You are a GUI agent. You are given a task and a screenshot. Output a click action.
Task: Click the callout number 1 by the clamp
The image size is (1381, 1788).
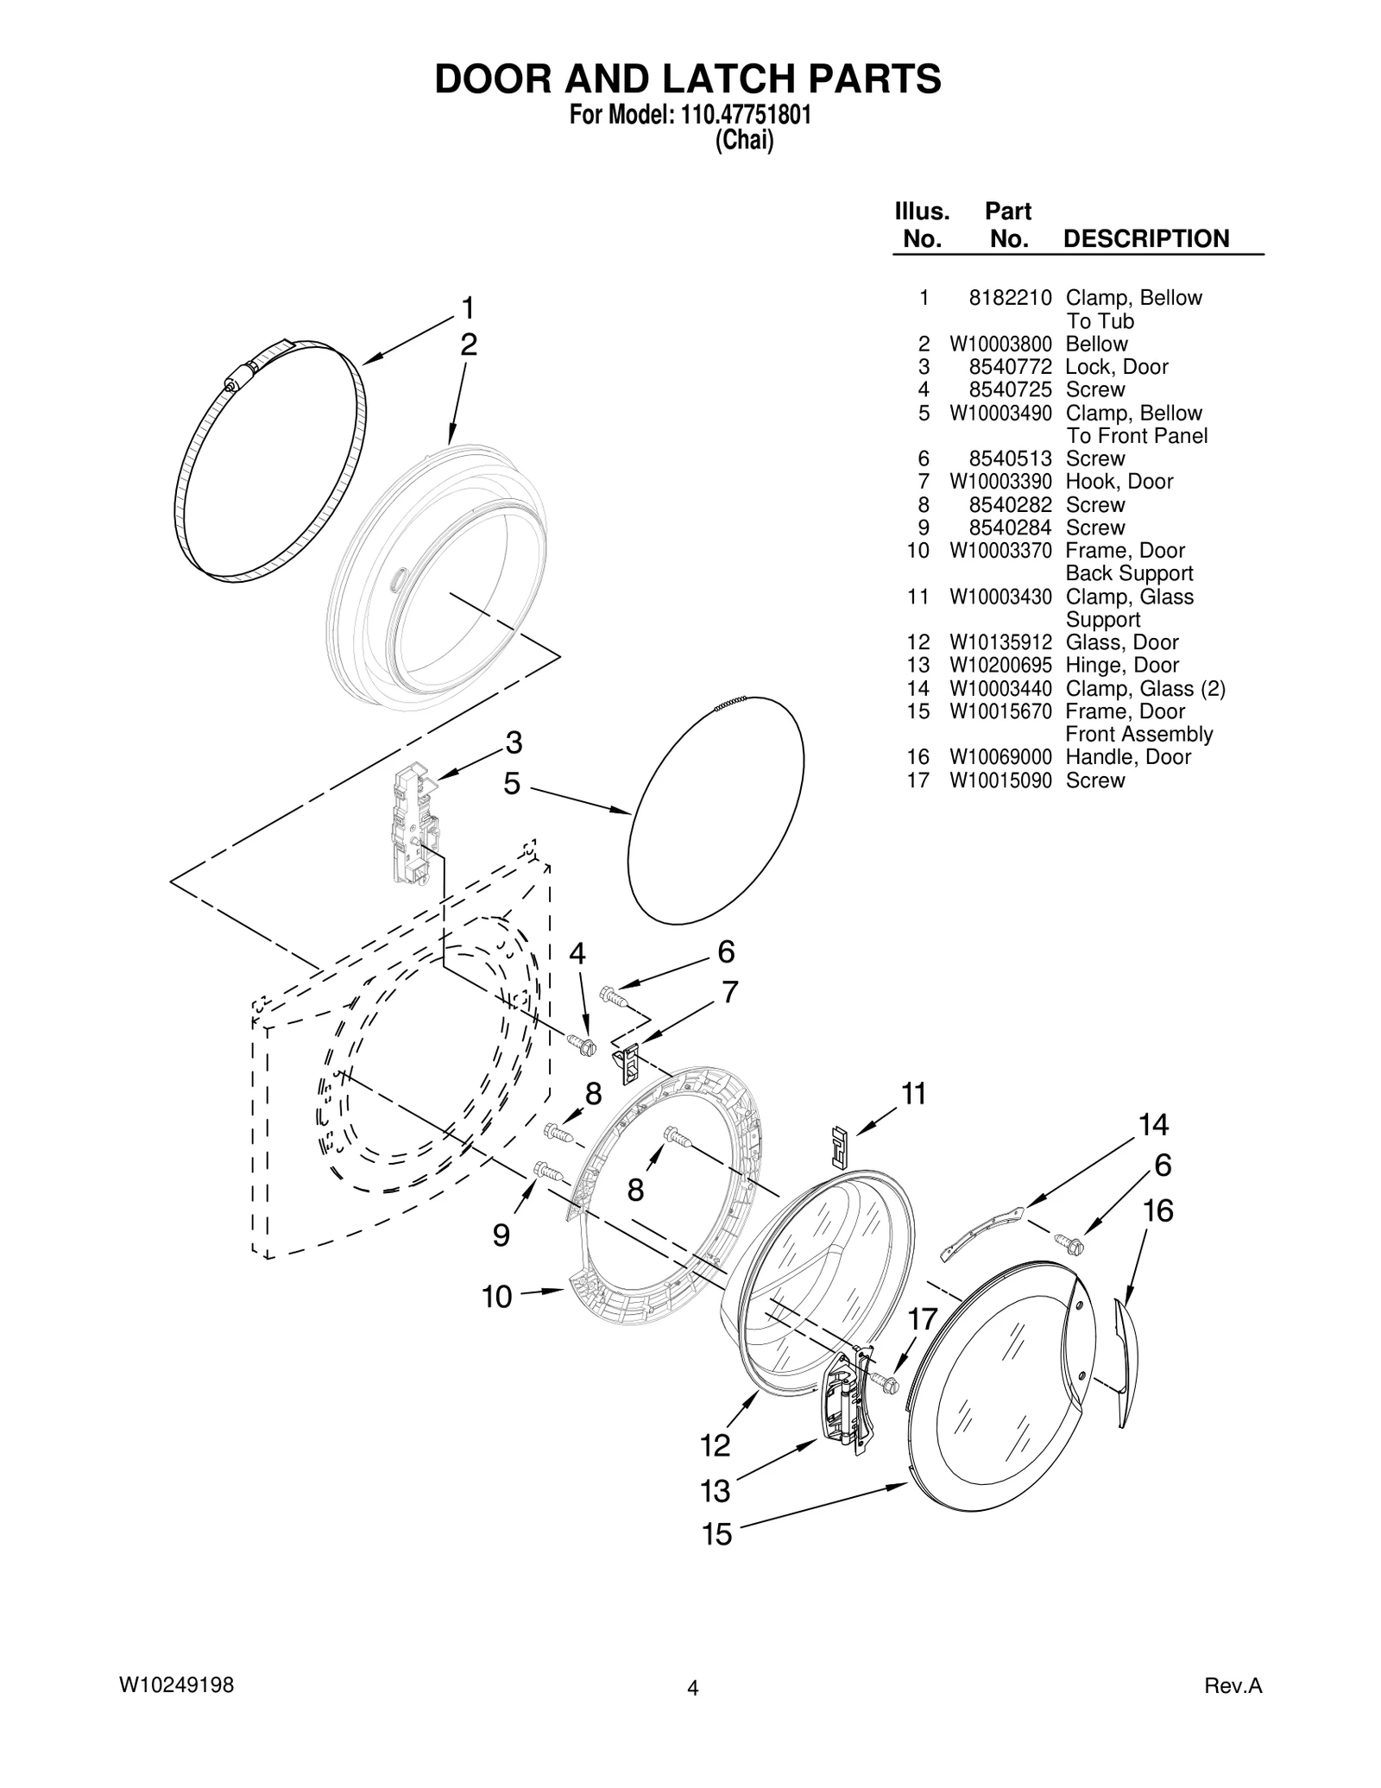click(x=467, y=308)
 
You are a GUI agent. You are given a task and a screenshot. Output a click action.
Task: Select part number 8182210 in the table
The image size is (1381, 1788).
click(x=1010, y=298)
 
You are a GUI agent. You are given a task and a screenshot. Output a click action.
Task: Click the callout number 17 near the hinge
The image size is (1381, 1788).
click(x=923, y=1319)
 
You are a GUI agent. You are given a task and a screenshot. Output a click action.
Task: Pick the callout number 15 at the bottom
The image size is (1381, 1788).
click(x=716, y=1534)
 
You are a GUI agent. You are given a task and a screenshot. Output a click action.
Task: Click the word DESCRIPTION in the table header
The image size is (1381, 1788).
click(x=1145, y=238)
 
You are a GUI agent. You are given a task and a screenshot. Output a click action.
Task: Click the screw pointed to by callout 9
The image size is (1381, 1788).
click(x=548, y=1172)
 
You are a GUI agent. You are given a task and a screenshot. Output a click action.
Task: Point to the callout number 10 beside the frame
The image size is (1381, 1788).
click(x=496, y=1297)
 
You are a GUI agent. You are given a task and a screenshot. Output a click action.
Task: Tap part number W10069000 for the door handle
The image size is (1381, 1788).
click(x=1000, y=757)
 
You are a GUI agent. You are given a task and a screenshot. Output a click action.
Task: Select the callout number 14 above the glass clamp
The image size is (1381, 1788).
click(x=1152, y=1125)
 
